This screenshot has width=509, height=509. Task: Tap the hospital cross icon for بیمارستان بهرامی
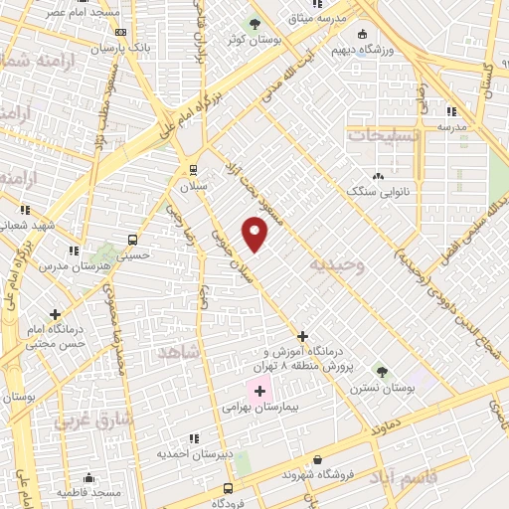pyautogui.click(x=260, y=391)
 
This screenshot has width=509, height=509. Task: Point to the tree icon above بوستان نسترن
pyautogui.click(x=382, y=372)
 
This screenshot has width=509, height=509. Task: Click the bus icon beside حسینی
pyautogui.click(x=132, y=240)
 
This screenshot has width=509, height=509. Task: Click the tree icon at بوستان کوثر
pyautogui.click(x=254, y=24)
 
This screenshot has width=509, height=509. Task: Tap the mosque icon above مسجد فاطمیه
pyautogui.click(x=89, y=477)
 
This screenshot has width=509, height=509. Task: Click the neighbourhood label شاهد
pyautogui.click(x=178, y=353)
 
